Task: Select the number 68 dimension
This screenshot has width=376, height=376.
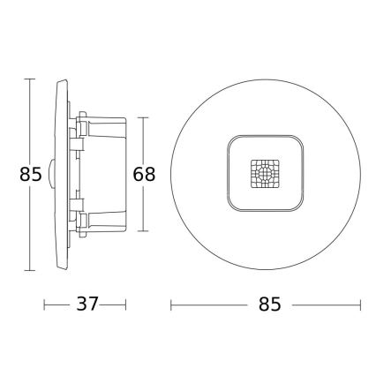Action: pyautogui.click(x=144, y=174)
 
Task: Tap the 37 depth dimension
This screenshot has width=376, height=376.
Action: pyautogui.click(x=85, y=304)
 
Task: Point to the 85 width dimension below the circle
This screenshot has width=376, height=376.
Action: pyautogui.click(x=270, y=304)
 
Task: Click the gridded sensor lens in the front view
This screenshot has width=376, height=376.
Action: pyautogui.click(x=264, y=175)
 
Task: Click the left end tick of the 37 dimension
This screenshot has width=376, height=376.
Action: pyautogui.click(x=46, y=304)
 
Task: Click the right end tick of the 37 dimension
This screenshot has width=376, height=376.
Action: pyautogui.click(x=124, y=304)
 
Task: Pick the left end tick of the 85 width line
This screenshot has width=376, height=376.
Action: pyautogui.click(x=171, y=304)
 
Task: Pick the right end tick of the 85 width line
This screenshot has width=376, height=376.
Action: pyautogui.click(x=361, y=304)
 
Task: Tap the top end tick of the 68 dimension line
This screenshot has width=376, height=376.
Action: pyautogui.click(x=144, y=116)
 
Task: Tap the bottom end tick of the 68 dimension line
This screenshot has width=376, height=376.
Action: pyautogui.click(x=144, y=234)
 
